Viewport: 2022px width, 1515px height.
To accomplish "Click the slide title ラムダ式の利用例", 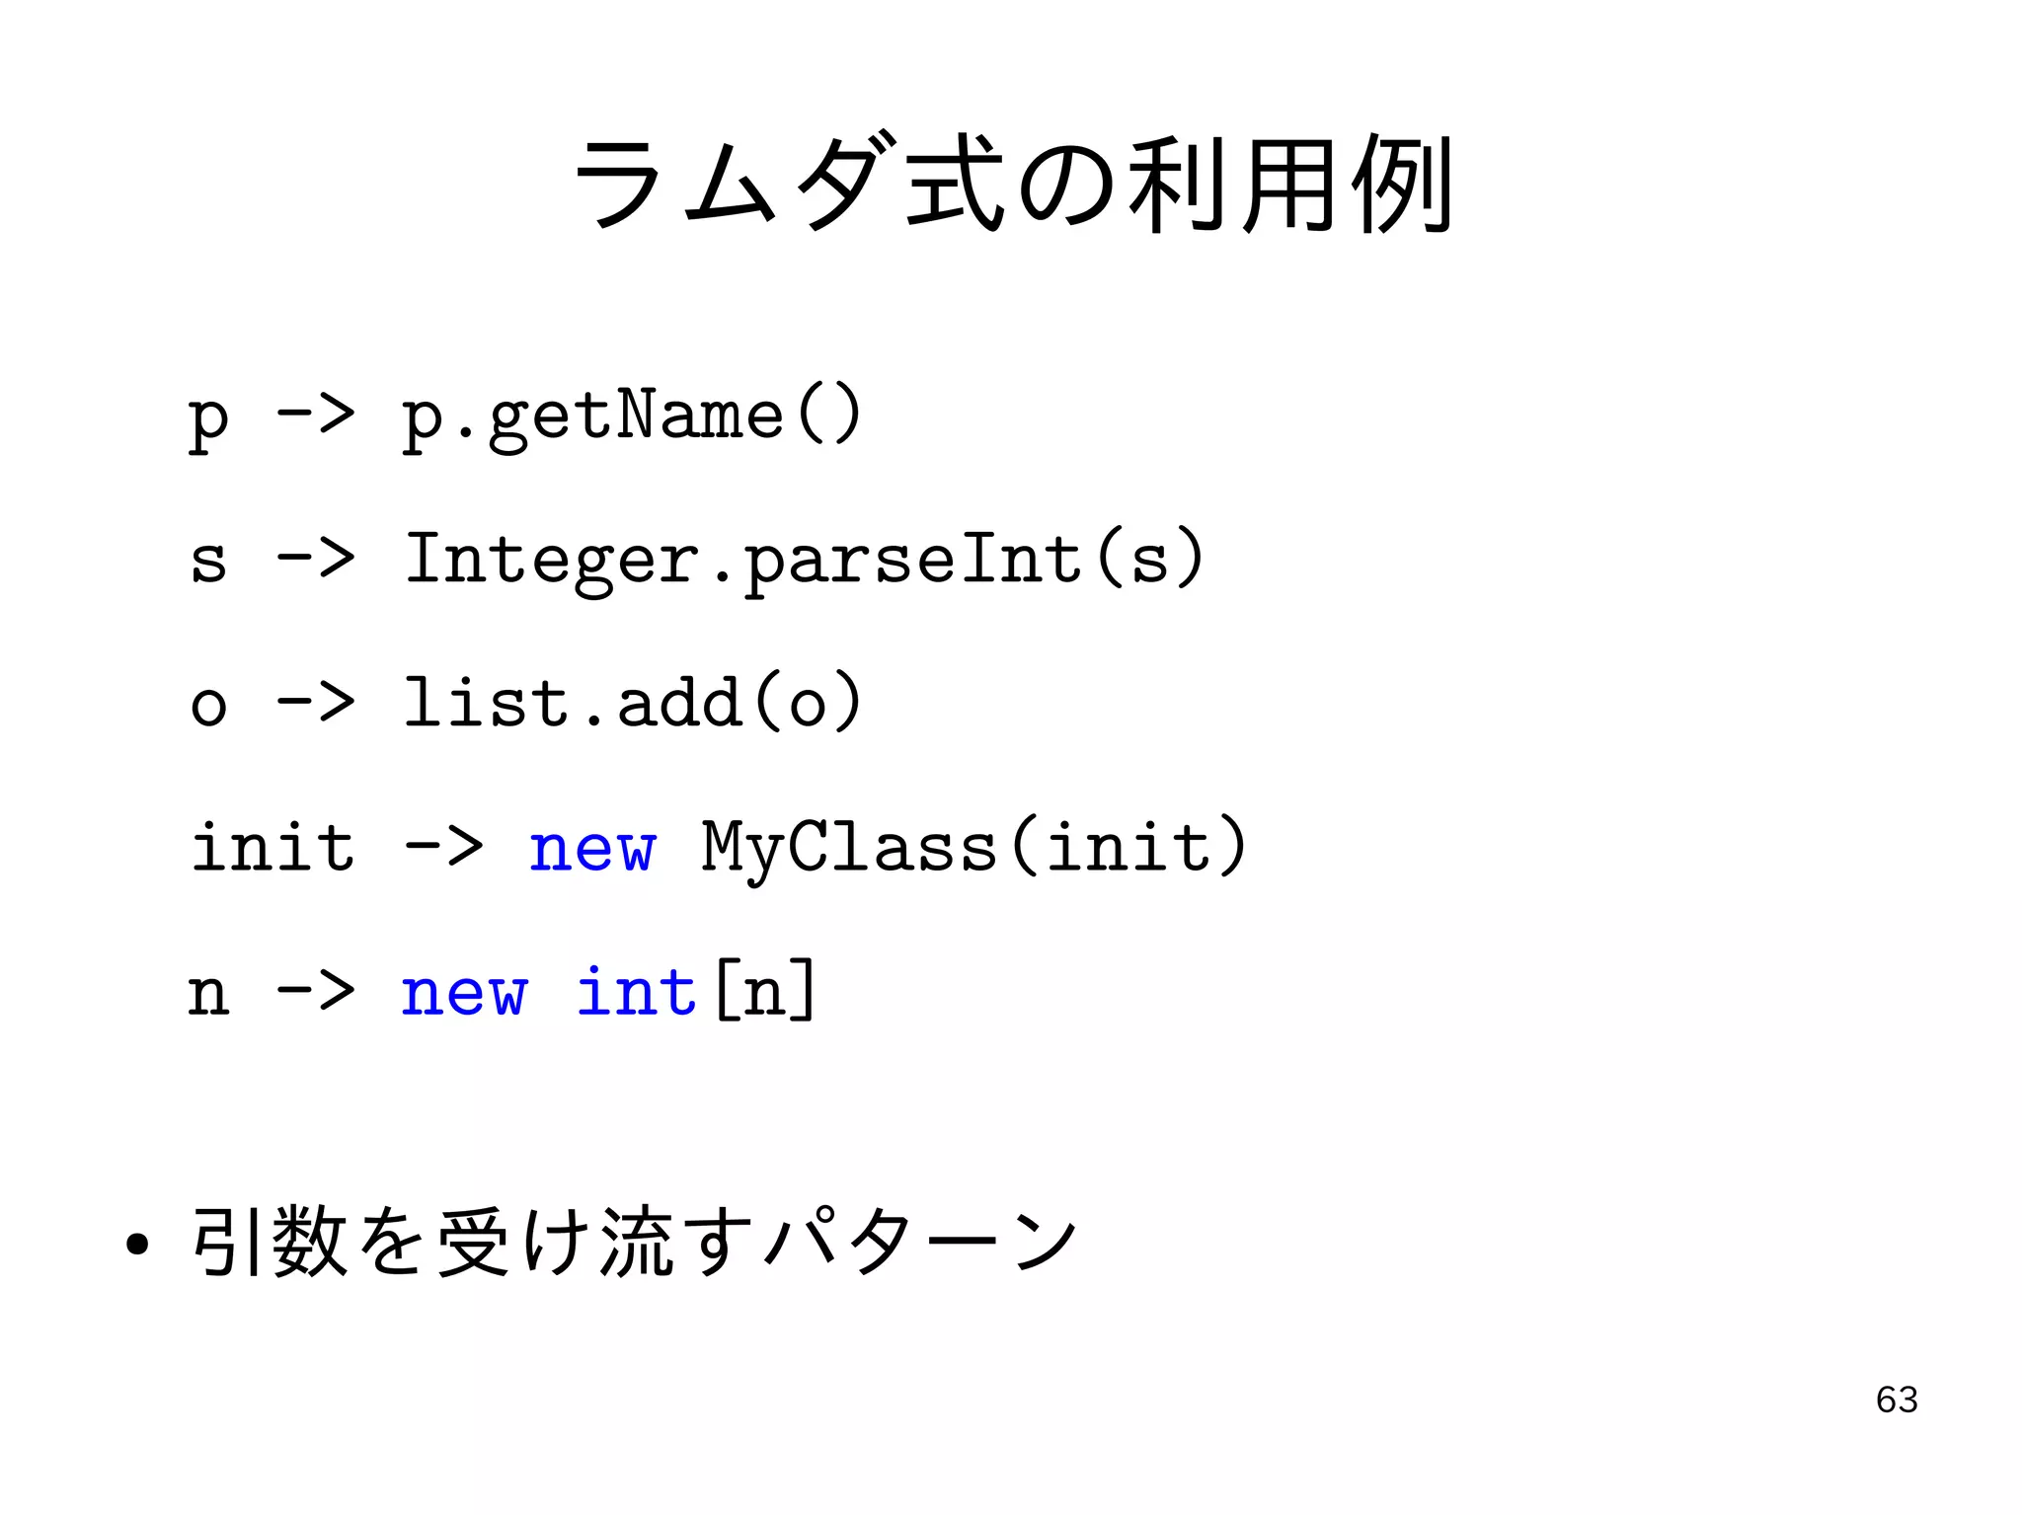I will click(x=1011, y=185).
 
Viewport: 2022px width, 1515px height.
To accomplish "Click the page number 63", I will click(x=1896, y=1400).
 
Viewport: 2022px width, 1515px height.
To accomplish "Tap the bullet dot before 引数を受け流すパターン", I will click(x=137, y=1245).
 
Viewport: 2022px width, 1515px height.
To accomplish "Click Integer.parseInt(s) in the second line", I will click(x=805, y=560).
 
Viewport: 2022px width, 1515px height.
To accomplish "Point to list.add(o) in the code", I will click(x=632, y=703).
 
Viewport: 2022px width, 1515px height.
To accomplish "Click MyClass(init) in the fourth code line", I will click(x=973, y=848).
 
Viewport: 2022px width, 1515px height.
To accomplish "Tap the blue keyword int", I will click(x=637, y=992).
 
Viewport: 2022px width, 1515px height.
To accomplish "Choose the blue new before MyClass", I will click(x=591, y=848).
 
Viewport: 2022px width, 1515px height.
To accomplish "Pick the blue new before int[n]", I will click(x=464, y=992).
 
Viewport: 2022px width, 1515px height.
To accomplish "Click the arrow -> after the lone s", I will click(x=316, y=560).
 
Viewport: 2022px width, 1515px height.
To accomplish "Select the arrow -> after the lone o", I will click(x=316, y=703).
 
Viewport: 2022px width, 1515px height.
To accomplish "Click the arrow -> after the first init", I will click(x=443, y=848).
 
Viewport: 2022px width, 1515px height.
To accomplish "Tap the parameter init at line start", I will click(x=272, y=848).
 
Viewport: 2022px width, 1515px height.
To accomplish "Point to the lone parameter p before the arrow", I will click(x=208, y=418).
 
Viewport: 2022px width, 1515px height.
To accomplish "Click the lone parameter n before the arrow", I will click(x=208, y=994).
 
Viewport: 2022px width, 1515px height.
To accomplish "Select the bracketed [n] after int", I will click(x=764, y=992).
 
